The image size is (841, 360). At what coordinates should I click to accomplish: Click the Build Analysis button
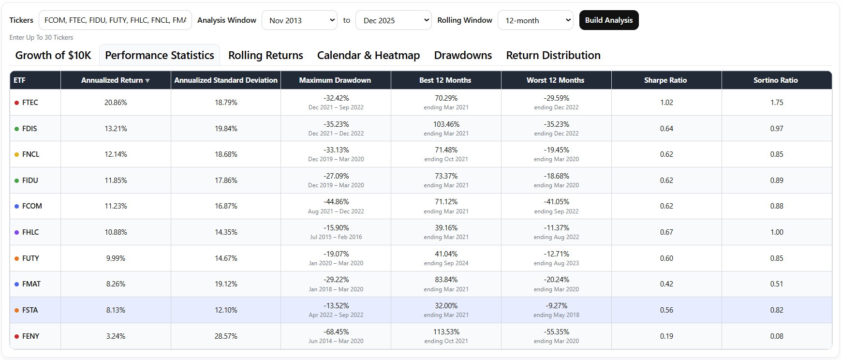(x=609, y=20)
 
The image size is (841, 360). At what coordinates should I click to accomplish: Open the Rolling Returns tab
(x=266, y=55)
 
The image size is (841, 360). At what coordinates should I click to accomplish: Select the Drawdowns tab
(x=463, y=55)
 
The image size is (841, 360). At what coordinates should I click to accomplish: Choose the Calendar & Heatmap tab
(x=369, y=55)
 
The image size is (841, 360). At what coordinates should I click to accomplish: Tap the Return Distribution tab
(x=553, y=55)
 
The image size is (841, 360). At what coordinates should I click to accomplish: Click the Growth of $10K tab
(x=53, y=55)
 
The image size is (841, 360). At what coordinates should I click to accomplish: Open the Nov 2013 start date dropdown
(x=299, y=20)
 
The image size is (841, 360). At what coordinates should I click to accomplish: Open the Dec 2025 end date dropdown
(x=393, y=20)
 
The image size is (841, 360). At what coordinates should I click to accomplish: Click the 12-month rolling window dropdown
(x=535, y=20)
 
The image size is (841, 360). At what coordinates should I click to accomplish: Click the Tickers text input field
(x=115, y=20)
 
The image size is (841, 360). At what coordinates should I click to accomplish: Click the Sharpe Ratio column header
(x=665, y=80)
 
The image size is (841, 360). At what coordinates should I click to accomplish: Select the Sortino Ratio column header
(x=776, y=80)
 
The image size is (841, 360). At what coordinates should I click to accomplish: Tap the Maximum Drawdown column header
(x=335, y=80)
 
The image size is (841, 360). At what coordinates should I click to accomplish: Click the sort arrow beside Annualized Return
(x=148, y=81)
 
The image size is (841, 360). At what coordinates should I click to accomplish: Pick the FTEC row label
(x=30, y=103)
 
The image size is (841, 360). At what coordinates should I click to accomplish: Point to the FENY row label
(x=30, y=336)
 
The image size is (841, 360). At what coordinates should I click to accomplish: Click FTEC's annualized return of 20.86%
(x=116, y=103)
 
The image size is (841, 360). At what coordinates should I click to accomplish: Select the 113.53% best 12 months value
(x=446, y=332)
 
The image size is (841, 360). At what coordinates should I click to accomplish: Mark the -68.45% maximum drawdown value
(x=336, y=332)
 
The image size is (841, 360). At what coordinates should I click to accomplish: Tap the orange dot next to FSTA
(x=17, y=310)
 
